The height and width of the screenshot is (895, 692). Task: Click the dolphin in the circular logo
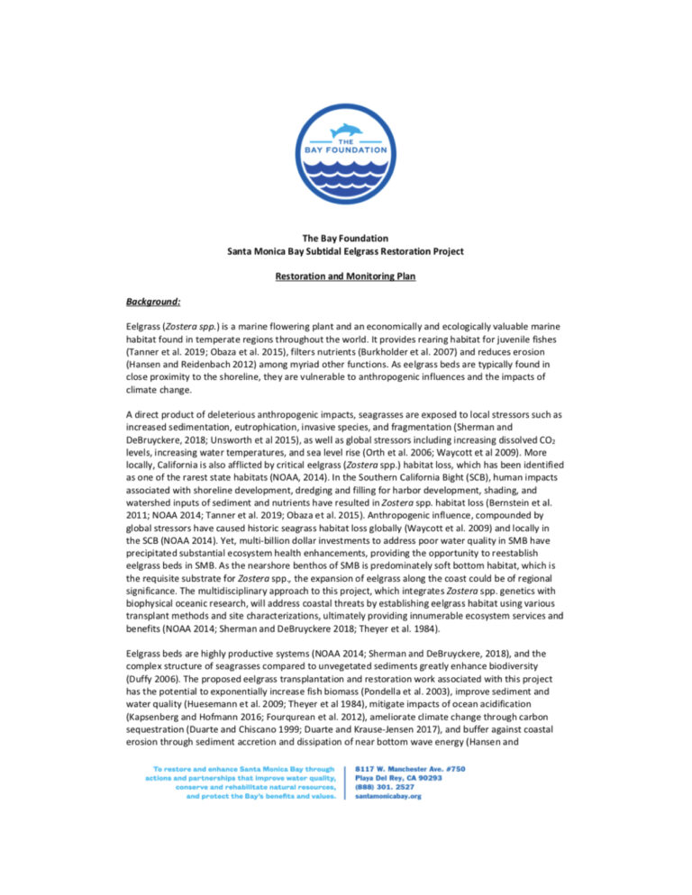[345, 131]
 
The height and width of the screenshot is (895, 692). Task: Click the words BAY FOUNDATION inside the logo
[346, 151]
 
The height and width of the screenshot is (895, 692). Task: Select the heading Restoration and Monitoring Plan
[346, 279]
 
